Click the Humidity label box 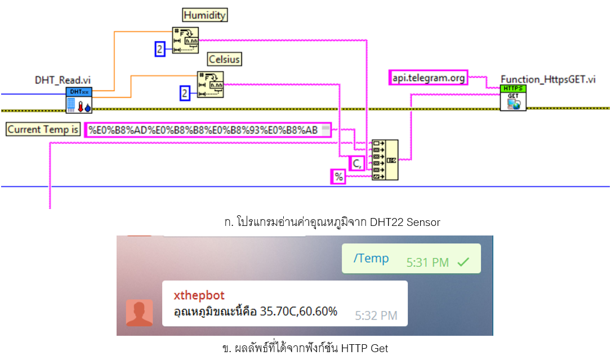click(x=204, y=15)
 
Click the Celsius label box click(x=224, y=59)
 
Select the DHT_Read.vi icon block click(x=78, y=100)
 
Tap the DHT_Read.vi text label click(x=63, y=81)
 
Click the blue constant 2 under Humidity click(x=160, y=49)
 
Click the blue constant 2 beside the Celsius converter click(x=185, y=93)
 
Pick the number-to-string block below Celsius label click(x=210, y=85)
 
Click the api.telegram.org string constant click(x=429, y=77)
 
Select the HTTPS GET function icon click(x=513, y=98)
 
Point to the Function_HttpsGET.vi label click(x=548, y=79)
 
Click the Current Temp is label click(x=43, y=130)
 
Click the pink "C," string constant click(x=356, y=163)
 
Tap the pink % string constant click(x=338, y=177)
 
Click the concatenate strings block click(x=385, y=160)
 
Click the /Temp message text click(x=371, y=258)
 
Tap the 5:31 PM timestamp click(x=427, y=262)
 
